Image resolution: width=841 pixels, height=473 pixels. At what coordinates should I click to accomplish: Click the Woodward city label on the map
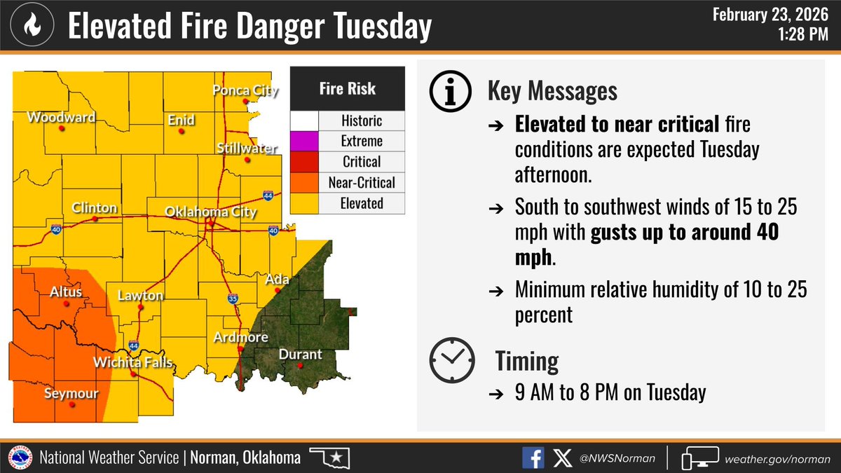[x=61, y=118]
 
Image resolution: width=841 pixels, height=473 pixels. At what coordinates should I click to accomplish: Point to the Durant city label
[x=300, y=355]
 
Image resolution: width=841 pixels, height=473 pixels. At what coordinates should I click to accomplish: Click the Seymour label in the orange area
[x=71, y=394]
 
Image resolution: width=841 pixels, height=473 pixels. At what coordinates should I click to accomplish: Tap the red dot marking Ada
[x=278, y=289]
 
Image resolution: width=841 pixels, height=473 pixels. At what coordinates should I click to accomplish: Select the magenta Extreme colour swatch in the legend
[x=305, y=141]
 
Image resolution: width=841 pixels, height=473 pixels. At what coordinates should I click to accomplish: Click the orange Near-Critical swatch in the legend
[x=305, y=183]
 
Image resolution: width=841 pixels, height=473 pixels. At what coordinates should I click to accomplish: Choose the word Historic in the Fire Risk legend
[x=362, y=120]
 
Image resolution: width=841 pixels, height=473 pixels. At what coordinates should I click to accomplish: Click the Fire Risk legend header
[x=348, y=88]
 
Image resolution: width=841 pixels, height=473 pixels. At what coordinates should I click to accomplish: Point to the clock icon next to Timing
[x=449, y=360]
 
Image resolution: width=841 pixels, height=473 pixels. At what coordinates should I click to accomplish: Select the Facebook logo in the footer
[x=533, y=458]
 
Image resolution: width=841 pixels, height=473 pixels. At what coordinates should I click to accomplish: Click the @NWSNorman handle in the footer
[x=618, y=458]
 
